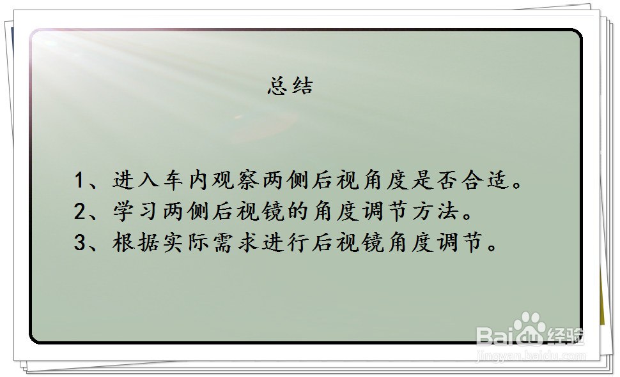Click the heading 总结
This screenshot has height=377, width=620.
click(290, 85)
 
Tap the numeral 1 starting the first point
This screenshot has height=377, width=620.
click(79, 180)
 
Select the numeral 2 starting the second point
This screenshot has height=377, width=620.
click(79, 211)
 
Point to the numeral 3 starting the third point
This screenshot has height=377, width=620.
click(79, 242)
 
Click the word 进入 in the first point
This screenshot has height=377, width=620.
click(136, 180)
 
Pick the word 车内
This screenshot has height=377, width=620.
click(185, 180)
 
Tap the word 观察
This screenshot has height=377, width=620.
click(236, 180)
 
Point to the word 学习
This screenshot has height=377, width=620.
click(136, 211)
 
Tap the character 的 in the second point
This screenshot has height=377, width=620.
click(298, 211)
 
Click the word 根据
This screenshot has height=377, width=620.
click(136, 242)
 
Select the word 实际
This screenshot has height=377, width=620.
click(185, 242)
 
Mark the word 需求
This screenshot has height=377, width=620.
click(236, 242)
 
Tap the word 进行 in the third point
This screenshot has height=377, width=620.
click(286, 242)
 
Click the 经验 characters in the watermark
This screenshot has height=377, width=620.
click(566, 336)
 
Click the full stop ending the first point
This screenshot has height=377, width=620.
click(517, 185)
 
